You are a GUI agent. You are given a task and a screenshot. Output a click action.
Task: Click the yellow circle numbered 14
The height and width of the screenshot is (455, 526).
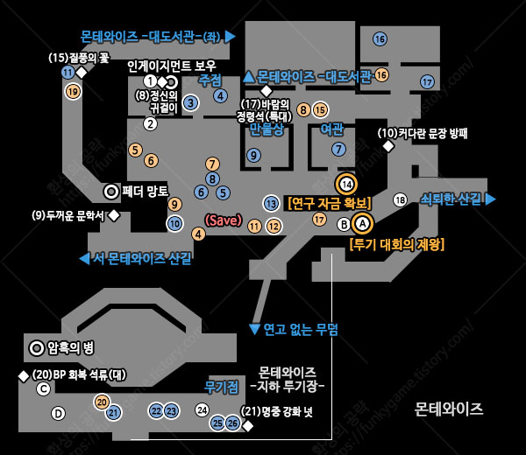point(346,184)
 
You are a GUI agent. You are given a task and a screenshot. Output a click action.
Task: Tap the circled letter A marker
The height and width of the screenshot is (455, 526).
point(362,223)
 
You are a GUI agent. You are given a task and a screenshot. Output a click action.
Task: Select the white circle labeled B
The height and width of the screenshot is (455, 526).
point(344,223)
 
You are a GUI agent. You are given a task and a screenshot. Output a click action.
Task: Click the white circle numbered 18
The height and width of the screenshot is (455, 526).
point(400,199)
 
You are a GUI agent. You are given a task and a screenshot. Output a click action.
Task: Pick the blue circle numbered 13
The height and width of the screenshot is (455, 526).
point(271,204)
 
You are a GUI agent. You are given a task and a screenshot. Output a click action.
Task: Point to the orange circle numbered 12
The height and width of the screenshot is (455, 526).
point(274,226)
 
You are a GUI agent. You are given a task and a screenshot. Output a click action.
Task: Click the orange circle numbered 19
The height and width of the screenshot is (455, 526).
point(73,90)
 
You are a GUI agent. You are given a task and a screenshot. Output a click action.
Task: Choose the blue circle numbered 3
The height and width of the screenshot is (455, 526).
point(190,103)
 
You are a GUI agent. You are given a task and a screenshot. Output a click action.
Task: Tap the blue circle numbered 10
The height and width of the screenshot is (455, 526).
point(175,223)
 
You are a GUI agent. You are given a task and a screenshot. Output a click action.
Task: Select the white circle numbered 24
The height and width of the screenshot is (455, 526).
point(202,409)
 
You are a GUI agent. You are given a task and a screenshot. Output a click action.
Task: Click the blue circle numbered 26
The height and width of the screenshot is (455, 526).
point(232,423)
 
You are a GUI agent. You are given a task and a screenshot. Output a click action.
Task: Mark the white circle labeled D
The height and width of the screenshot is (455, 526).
point(59,413)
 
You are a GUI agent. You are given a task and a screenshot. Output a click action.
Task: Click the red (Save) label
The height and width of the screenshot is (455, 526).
point(223,220)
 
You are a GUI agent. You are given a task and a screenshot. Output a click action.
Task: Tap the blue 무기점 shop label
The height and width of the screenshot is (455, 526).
point(222,386)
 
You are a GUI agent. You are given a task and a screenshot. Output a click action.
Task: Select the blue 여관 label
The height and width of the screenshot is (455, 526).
point(332,129)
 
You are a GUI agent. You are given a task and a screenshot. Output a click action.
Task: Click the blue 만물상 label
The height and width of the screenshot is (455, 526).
point(267,129)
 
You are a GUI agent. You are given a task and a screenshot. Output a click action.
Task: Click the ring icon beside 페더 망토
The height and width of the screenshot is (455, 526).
point(111,191)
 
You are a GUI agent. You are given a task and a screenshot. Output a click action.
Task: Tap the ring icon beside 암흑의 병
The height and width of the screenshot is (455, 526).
point(37,347)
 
